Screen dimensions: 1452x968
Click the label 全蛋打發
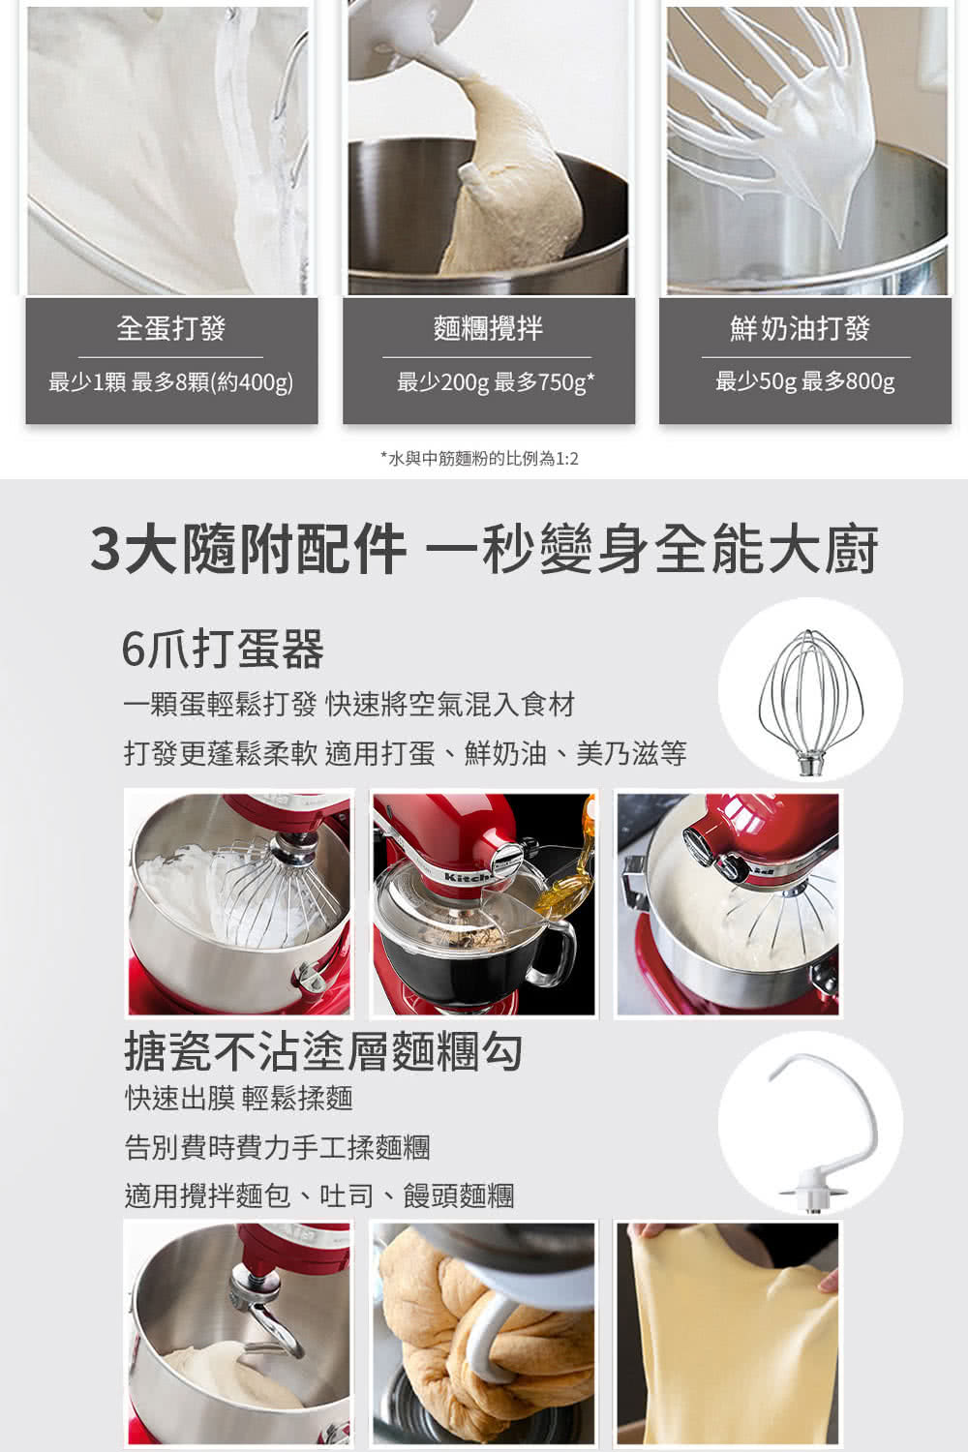click(x=171, y=329)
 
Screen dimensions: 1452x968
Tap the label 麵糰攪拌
click(x=488, y=329)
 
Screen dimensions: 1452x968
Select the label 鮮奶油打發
click(x=801, y=329)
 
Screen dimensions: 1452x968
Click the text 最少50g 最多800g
click(x=804, y=381)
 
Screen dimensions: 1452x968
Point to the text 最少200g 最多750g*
click(x=495, y=382)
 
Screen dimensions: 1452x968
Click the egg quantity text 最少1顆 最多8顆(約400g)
click(x=171, y=382)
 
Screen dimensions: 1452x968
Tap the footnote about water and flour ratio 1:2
click(x=479, y=458)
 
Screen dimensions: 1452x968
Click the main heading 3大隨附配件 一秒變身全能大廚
click(x=484, y=550)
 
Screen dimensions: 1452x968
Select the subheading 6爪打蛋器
click(x=223, y=650)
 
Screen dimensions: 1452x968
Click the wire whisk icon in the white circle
click(x=810, y=690)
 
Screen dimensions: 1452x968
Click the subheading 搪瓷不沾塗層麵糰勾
click(x=324, y=1051)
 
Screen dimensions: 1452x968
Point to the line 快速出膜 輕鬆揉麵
click(x=239, y=1098)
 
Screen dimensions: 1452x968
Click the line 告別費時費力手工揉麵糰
click(x=278, y=1147)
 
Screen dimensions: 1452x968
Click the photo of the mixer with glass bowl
click(x=484, y=904)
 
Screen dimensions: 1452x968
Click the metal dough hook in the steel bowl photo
click(x=266, y=1312)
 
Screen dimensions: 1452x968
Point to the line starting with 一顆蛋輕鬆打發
click(x=349, y=705)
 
